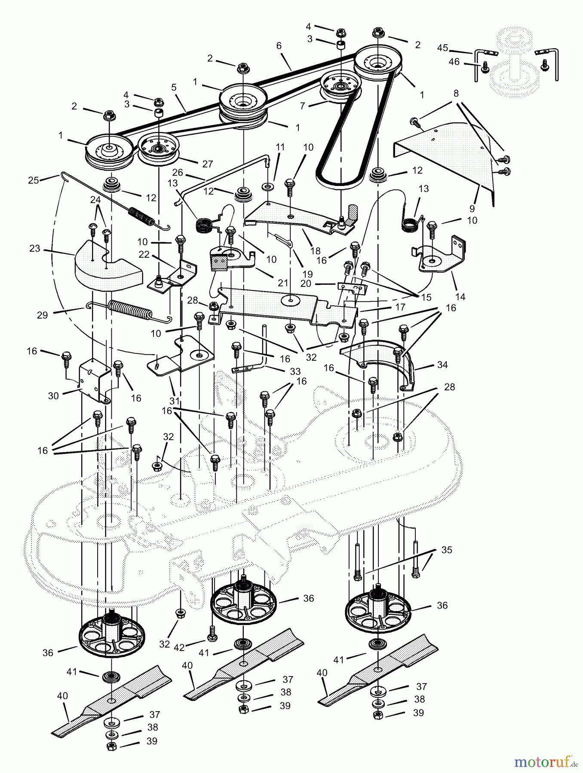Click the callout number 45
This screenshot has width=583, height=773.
pos(443,48)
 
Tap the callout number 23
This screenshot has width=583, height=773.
pos(35,248)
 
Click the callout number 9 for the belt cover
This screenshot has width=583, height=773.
pos(472,209)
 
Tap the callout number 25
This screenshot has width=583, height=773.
pos(33,180)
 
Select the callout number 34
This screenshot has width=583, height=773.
pos(442,365)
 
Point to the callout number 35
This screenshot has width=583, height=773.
pos(447,550)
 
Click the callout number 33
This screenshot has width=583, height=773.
pos(285,371)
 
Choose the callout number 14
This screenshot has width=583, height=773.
pos(460,297)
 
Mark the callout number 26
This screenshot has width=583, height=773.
pos(178,173)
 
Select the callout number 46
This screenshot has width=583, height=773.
pos(454,62)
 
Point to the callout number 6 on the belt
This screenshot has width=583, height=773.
pos(279,46)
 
